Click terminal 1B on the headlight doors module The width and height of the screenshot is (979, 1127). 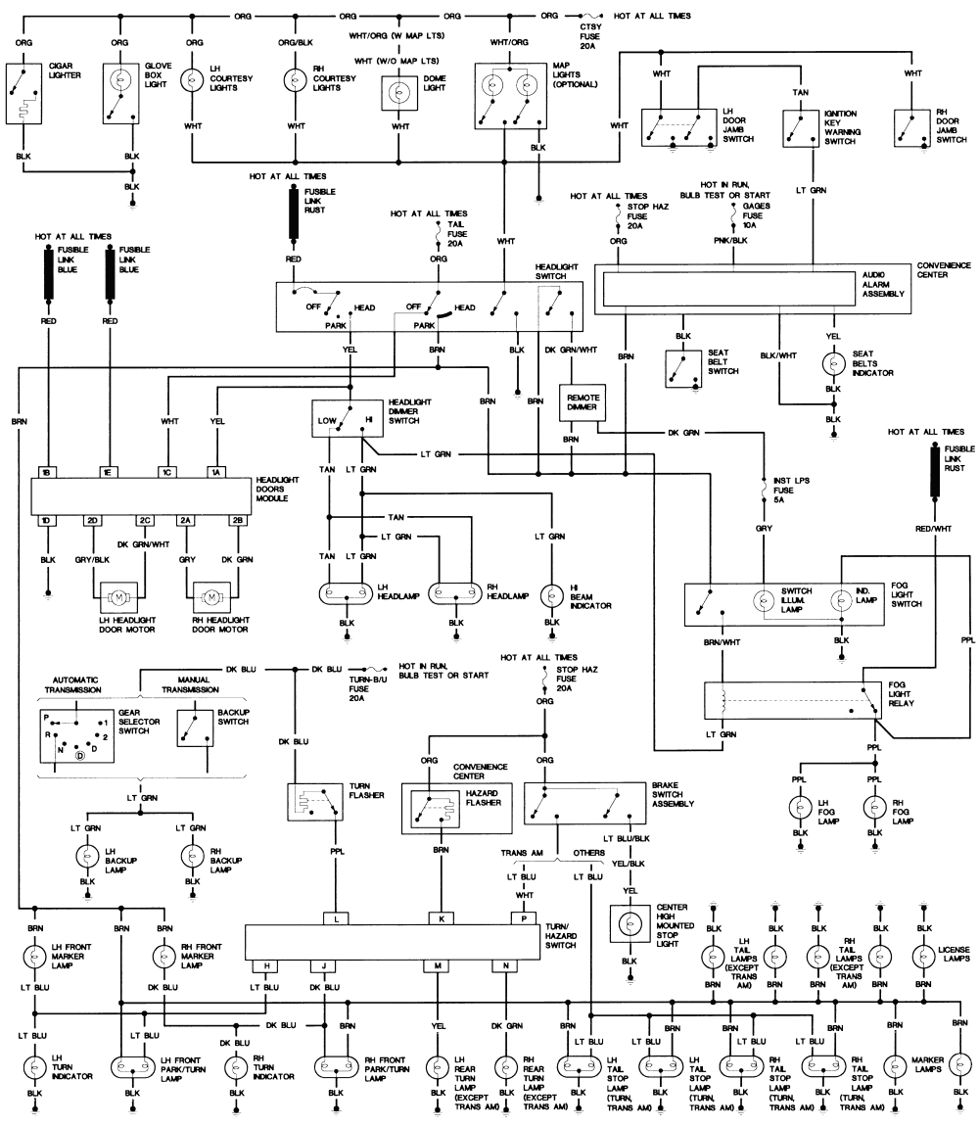coord(46,471)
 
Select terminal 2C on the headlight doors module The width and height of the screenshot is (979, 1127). coord(144,519)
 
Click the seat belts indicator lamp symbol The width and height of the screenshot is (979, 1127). coord(833,363)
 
